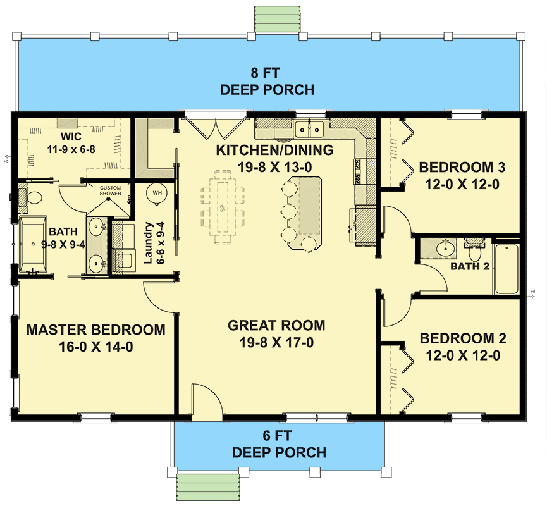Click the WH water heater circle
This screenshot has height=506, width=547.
click(156, 192)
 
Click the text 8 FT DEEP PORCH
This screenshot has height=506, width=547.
click(267, 81)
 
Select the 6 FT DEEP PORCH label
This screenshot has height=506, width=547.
click(279, 444)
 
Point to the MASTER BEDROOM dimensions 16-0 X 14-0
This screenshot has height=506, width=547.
click(97, 347)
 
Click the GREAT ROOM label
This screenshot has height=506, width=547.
click(276, 326)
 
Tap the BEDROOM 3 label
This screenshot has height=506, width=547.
click(457, 168)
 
